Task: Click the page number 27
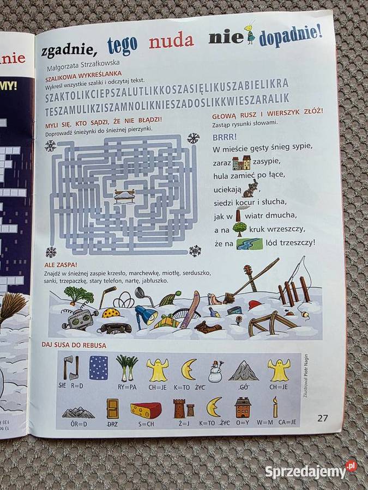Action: pos(323,418)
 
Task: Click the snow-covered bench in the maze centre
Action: pos(125,195)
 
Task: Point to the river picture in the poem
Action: pos(250,243)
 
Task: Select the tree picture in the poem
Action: pos(239,228)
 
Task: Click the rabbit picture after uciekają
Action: pos(250,188)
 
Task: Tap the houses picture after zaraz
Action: pos(241,162)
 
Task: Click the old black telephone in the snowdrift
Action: pos(113,328)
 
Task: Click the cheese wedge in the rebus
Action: pos(146,409)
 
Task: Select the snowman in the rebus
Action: pos(216,371)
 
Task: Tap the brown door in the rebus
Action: pos(112,408)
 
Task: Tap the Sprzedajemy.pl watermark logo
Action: pos(311,470)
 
